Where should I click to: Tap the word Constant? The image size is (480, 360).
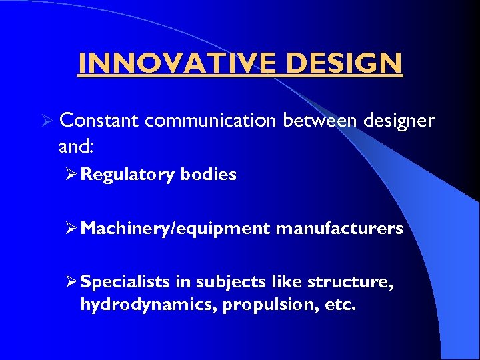[99, 121]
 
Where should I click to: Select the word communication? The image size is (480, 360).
[210, 121]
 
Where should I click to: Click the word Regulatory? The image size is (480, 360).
[127, 175]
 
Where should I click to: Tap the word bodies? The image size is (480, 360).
[208, 175]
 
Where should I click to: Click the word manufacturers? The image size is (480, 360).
[339, 229]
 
